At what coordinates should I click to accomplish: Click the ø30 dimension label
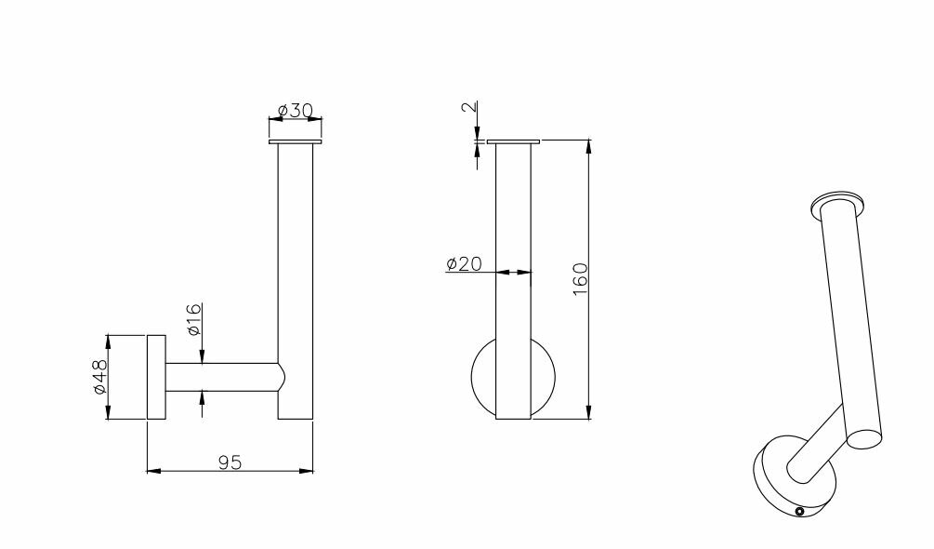(x=295, y=110)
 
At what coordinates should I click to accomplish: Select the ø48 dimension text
(x=99, y=376)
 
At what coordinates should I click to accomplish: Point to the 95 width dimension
(x=230, y=462)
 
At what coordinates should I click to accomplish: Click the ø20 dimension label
(x=464, y=263)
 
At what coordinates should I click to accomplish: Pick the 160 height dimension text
(x=580, y=279)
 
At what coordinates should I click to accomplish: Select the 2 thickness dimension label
(x=469, y=107)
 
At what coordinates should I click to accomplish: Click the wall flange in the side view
(x=157, y=378)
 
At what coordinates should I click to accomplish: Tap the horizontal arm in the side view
(x=221, y=378)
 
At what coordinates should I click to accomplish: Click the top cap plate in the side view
(x=295, y=141)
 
